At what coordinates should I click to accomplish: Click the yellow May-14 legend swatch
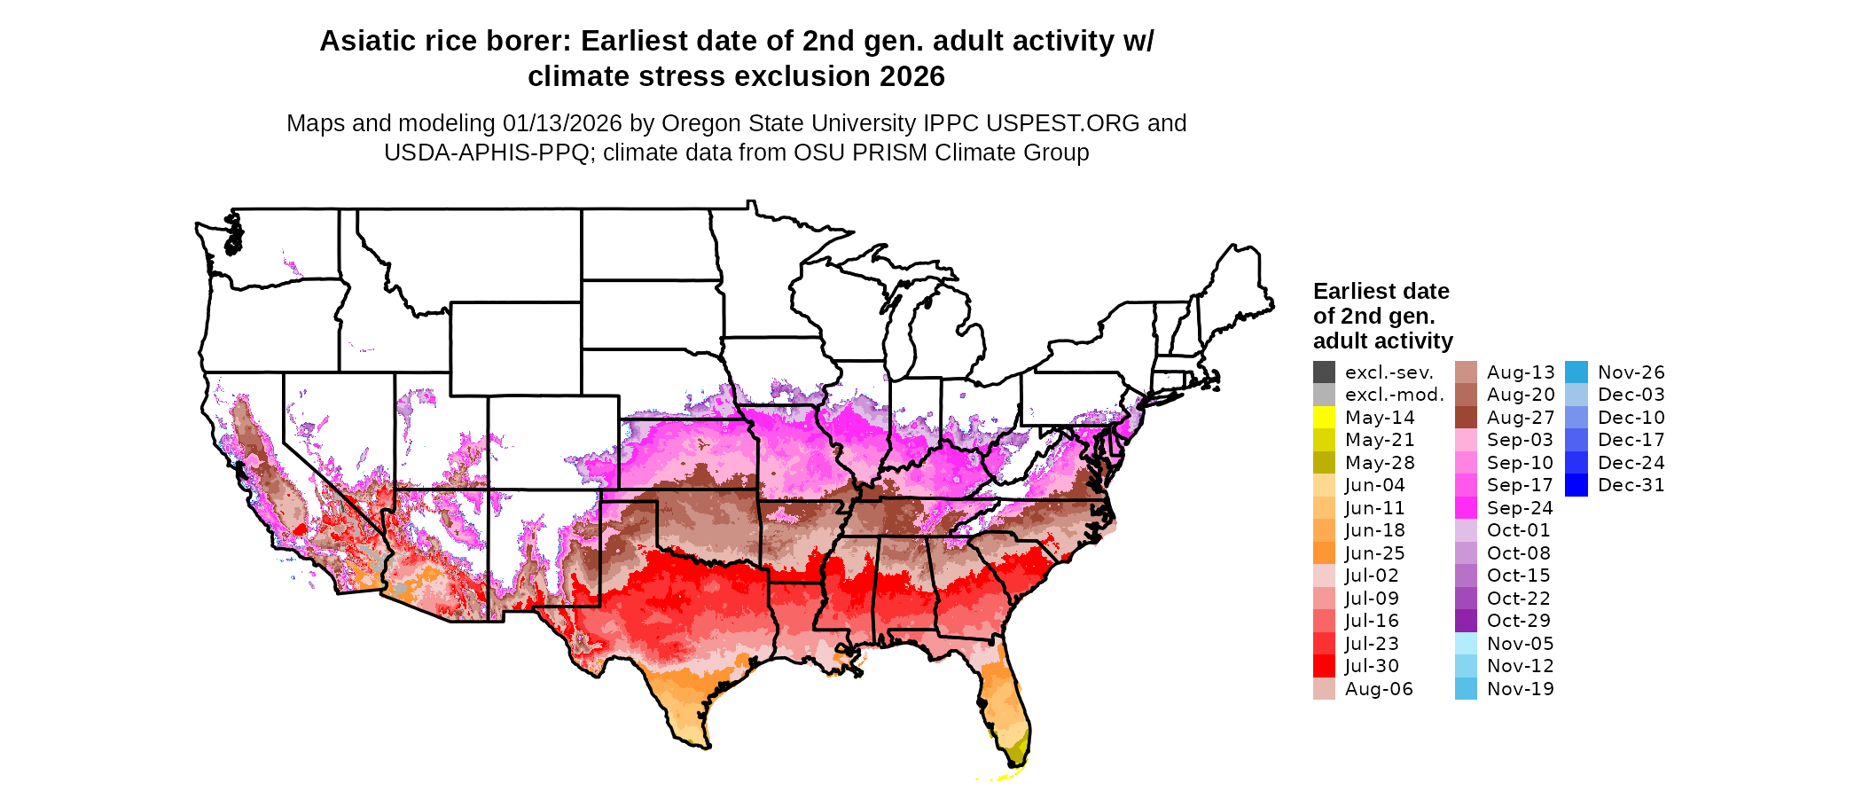coord(1324,418)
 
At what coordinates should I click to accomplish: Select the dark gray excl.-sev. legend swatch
coord(1324,372)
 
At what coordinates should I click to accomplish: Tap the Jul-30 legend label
coord(1372,666)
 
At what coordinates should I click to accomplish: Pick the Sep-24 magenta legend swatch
coord(1466,508)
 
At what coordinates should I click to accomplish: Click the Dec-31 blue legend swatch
coord(1576,485)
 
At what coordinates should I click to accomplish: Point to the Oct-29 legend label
coord(1520,621)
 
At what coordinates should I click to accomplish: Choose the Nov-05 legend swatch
coord(1466,644)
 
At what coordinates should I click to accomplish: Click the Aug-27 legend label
coord(1520,418)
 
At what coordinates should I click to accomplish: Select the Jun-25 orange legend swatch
coord(1324,553)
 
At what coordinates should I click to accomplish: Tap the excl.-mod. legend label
coord(1394,395)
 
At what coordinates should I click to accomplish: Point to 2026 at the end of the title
coord(912,77)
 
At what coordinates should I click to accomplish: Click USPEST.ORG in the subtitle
coord(1064,123)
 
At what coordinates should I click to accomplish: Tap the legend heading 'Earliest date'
coord(1381,292)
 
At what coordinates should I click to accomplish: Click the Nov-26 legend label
coord(1631,372)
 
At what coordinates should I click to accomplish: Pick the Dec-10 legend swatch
coord(1576,418)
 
